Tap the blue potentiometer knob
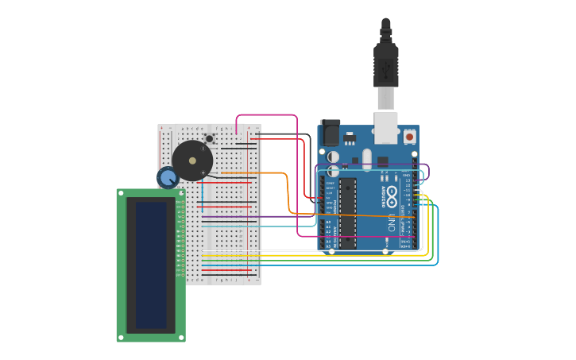[167, 178]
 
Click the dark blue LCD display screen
[151, 264]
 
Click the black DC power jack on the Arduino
[329, 133]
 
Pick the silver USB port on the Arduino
[385, 127]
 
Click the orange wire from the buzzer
[254, 172]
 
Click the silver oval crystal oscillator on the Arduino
[366, 159]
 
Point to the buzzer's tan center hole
[192, 161]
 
